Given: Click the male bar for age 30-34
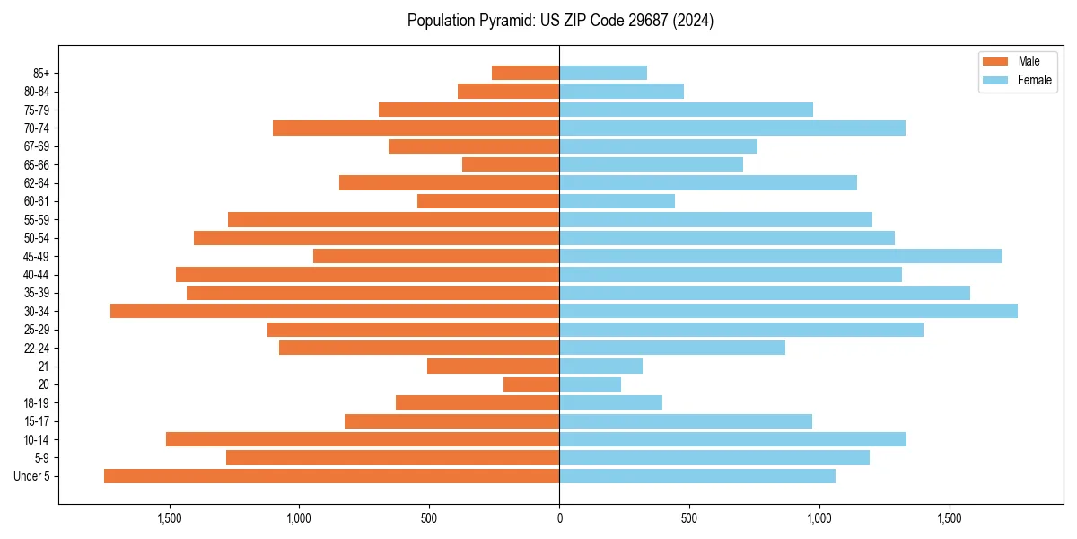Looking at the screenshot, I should coord(335,311).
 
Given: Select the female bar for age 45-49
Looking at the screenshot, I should coord(780,256).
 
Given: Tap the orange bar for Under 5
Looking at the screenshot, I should coord(331,476).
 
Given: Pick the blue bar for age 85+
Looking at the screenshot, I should coord(603,73).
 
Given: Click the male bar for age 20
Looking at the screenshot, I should coord(531,384).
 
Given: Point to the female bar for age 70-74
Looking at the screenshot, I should coord(732,128).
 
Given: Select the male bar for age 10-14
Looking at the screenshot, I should coord(363,439).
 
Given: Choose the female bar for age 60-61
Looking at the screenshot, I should coord(617,201).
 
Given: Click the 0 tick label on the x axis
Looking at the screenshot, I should coord(559,518).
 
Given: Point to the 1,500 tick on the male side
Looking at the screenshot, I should coord(170,518).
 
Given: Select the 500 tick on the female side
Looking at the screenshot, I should coord(689,518).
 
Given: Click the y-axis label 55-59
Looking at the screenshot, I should coord(37,219).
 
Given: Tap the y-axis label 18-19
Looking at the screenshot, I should coord(37,402).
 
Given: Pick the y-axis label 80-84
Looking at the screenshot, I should coord(37,91).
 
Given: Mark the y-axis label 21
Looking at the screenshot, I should coord(43,367).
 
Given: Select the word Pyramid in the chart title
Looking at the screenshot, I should coord(505,21).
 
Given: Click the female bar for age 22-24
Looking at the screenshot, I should coord(672,348).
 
